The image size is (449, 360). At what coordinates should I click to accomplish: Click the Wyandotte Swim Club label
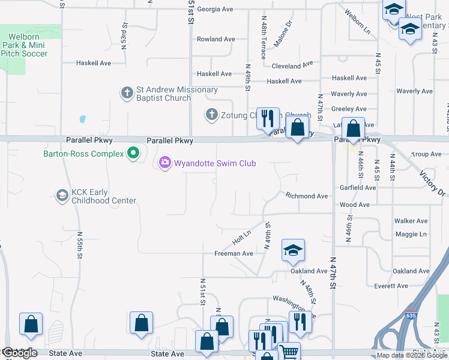pyautogui.click(x=215, y=163)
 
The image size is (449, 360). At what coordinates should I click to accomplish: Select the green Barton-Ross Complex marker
pyautogui.click(x=133, y=154)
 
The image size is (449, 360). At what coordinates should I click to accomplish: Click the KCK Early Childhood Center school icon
pyautogui.click(x=62, y=196)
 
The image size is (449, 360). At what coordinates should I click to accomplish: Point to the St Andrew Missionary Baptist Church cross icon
pyautogui.click(x=127, y=93)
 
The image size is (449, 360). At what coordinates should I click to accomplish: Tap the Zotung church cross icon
pyautogui.click(x=211, y=115)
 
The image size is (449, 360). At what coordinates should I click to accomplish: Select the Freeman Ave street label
pyautogui.click(x=234, y=254)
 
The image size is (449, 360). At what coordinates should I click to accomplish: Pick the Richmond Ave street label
pyautogui.click(x=307, y=196)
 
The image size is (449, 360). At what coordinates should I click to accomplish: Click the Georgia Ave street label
pyautogui.click(x=215, y=10)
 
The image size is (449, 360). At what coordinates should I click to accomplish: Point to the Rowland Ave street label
pyautogui.click(x=216, y=40)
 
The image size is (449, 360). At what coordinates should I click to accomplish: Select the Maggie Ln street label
pyautogui.click(x=411, y=234)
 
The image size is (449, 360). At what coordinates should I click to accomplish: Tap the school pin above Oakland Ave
pyautogui.click(x=293, y=251)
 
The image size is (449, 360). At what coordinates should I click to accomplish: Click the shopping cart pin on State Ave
pyautogui.click(x=289, y=351)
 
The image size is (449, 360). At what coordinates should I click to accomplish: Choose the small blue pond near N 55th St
pyautogui.click(x=82, y=119)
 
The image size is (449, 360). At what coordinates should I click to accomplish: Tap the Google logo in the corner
pyautogui.click(x=19, y=353)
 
